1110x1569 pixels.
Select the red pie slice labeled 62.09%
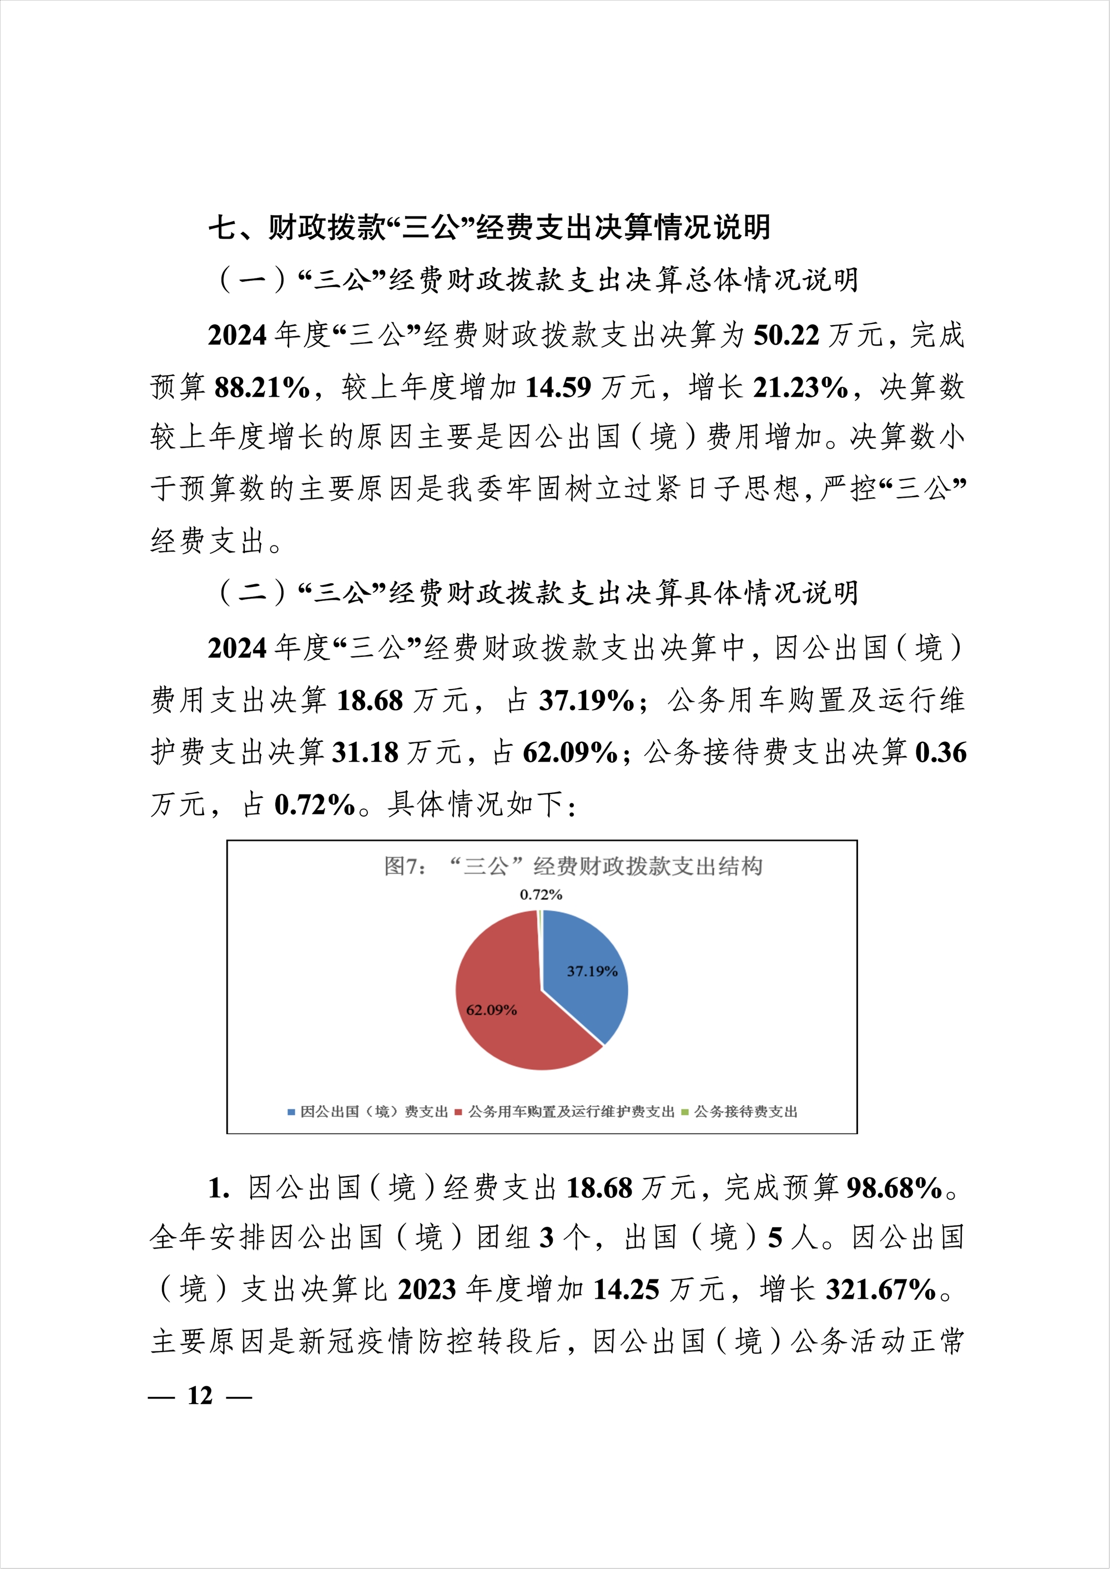tap(506, 1011)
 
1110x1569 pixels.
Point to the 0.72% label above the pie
tap(541, 894)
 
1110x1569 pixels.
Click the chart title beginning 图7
tap(573, 867)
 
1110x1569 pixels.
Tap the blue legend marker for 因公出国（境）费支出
tap(291, 1112)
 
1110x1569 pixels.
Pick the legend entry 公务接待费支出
tap(745, 1112)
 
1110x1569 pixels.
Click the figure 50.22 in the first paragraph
tap(786, 336)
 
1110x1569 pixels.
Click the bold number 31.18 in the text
tap(365, 753)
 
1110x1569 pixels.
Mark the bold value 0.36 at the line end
tap(941, 753)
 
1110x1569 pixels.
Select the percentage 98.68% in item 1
tap(895, 1189)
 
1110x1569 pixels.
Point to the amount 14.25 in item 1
tap(626, 1290)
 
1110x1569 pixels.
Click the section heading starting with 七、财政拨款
tap(490, 227)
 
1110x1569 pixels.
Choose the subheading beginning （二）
tap(537, 593)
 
